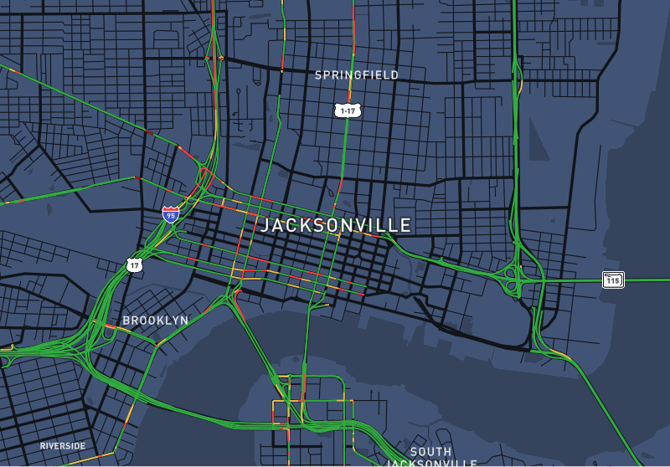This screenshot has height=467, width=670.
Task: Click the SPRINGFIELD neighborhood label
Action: click(357, 75)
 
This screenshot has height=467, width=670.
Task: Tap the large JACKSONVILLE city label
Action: click(336, 225)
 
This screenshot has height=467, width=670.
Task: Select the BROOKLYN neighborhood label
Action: click(156, 320)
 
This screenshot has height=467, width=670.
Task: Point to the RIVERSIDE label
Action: click(63, 446)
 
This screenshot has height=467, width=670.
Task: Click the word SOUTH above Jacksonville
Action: click(430, 452)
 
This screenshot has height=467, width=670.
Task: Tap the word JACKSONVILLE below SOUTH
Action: click(431, 463)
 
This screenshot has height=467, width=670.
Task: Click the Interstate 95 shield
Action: click(171, 214)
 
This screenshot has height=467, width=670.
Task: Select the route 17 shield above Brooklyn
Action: click(134, 265)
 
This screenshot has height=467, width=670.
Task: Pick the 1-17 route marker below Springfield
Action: click(348, 110)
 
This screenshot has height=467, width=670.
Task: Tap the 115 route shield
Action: click(613, 280)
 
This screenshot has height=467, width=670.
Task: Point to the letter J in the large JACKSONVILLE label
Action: click(265, 225)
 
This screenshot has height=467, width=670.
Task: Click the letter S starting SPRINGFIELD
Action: click(318, 75)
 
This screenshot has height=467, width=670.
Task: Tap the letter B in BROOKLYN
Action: click(126, 320)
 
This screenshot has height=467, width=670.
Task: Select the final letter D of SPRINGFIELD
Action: click(394, 75)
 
